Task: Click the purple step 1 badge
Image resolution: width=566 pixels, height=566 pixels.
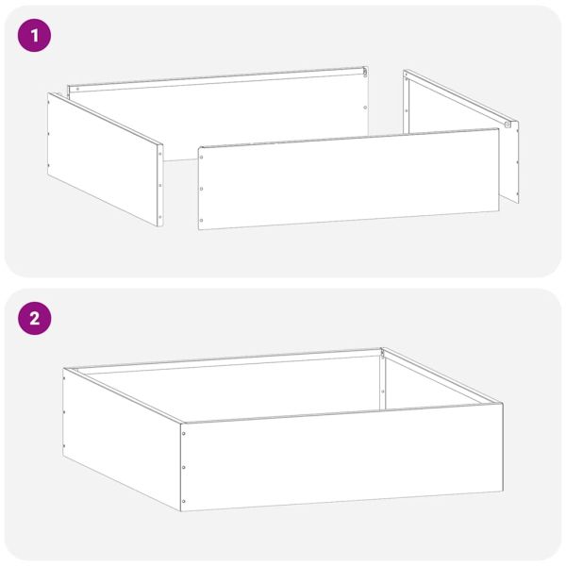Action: (x=35, y=36)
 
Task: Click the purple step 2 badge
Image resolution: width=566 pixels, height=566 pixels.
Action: (x=35, y=319)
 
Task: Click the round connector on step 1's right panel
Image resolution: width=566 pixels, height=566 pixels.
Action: (x=508, y=125)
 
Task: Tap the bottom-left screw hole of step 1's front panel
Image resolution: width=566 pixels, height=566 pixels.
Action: (x=202, y=222)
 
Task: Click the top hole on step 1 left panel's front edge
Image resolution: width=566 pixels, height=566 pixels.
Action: (x=159, y=153)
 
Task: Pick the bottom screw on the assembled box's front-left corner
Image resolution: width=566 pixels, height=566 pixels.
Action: (x=183, y=501)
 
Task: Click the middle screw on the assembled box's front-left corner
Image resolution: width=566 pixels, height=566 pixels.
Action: (x=183, y=467)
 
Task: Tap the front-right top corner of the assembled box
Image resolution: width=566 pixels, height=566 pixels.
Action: (x=502, y=405)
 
